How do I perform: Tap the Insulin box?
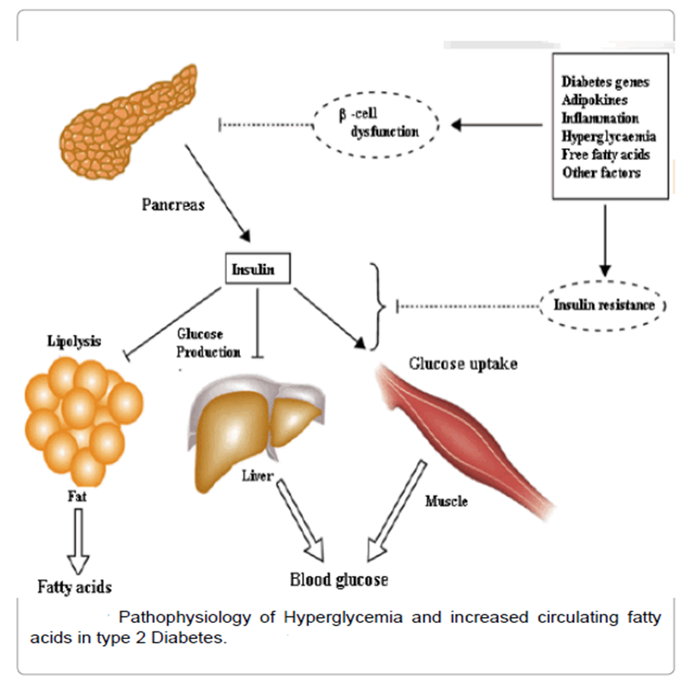click(257, 269)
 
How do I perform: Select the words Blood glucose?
click(339, 580)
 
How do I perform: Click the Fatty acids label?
click(75, 586)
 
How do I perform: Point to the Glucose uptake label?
click(463, 364)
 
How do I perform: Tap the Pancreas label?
click(172, 205)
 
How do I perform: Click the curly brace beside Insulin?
click(373, 307)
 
